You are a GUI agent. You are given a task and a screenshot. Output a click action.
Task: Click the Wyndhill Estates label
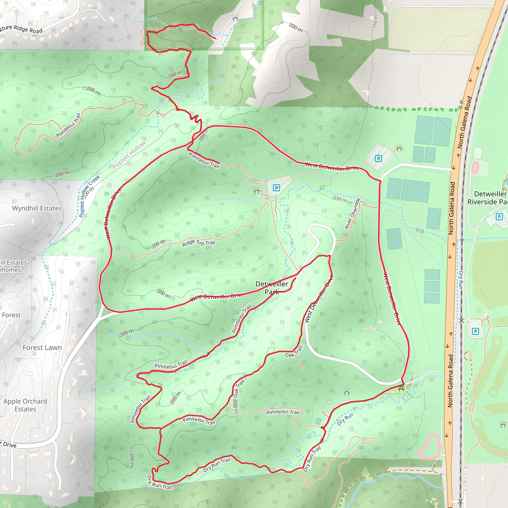37,208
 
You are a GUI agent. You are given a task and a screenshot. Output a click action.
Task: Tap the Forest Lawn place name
42,347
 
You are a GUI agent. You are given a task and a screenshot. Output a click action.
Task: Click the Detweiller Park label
272,288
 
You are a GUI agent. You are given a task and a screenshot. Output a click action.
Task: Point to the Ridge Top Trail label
199,243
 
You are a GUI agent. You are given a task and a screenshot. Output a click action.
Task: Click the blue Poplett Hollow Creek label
89,196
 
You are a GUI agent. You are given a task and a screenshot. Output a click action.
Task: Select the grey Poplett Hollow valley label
128,155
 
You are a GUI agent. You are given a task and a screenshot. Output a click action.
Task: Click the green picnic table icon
401,389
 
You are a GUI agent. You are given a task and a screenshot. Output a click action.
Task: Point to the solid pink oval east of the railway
476,167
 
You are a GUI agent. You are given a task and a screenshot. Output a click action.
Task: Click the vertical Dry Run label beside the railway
461,280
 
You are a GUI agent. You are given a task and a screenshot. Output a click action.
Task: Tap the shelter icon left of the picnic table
347,393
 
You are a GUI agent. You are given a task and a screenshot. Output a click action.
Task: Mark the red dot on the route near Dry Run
323,428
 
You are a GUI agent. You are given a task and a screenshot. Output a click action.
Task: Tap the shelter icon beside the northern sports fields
399,149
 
